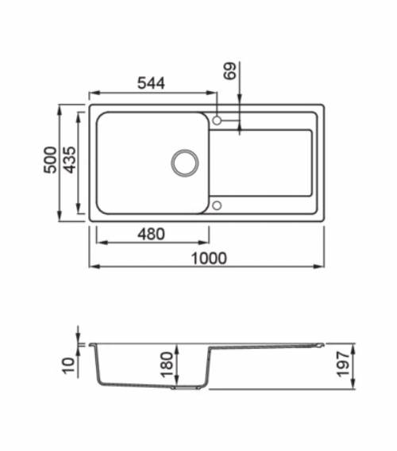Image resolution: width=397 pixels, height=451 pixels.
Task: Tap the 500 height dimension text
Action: coord(50,162)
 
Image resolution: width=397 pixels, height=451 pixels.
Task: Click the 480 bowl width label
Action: coord(151,234)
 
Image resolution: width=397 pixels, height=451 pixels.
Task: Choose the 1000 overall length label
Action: coord(208,258)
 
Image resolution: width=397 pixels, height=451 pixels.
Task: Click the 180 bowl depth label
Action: coord(167,365)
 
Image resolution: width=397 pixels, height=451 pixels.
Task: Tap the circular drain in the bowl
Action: coord(187,162)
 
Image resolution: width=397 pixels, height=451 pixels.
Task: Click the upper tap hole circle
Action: coord(217,120)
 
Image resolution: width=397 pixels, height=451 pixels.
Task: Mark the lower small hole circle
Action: coord(217,206)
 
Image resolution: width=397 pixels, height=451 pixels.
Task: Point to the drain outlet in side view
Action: coord(187,388)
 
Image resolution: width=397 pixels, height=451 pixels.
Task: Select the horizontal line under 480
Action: coord(152,243)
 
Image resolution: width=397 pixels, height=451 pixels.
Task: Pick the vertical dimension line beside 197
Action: coord(355,365)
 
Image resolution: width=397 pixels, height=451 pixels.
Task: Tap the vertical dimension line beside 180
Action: coord(178,365)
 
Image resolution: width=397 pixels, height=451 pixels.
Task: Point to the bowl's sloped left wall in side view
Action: coord(98,369)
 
